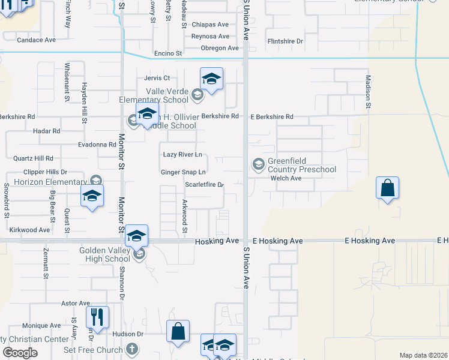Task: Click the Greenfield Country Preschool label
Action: pyautogui.click(x=301, y=165)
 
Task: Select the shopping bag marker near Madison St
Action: pyautogui.click(x=388, y=188)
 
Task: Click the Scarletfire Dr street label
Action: pyautogui.click(x=204, y=185)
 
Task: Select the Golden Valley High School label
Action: pyautogui.click(x=105, y=254)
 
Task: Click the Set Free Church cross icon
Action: pyautogui.click(x=133, y=349)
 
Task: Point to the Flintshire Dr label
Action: pyautogui.click(x=285, y=41)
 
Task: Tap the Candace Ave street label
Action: pyautogui.click(x=36, y=40)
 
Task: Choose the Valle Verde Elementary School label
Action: pyautogui.click(x=154, y=95)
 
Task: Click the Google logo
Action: pyautogui.click(x=20, y=353)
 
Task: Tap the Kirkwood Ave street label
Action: pyautogui.click(x=29, y=230)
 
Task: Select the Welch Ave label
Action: pyautogui.click(x=286, y=178)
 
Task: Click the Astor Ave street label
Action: pyautogui.click(x=76, y=304)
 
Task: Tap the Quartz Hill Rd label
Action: pyautogui.click(x=33, y=158)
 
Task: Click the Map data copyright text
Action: pyautogui.click(x=423, y=355)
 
